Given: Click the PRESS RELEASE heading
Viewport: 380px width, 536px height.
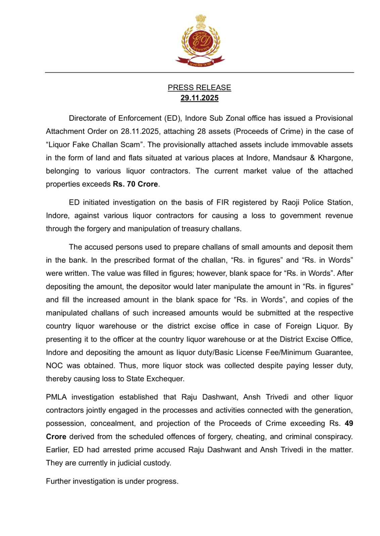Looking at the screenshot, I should pos(199,87).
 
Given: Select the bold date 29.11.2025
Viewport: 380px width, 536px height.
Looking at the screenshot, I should pos(199,98).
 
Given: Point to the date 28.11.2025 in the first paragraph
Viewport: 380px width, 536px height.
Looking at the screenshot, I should pos(140,131).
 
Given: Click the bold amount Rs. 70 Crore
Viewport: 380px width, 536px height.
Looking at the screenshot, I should pos(135,184).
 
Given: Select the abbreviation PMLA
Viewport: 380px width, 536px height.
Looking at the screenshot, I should pos(56,397).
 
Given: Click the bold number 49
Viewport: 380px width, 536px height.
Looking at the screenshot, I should pos(349,423).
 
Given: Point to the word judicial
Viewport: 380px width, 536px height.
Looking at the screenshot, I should pos(127,463).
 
